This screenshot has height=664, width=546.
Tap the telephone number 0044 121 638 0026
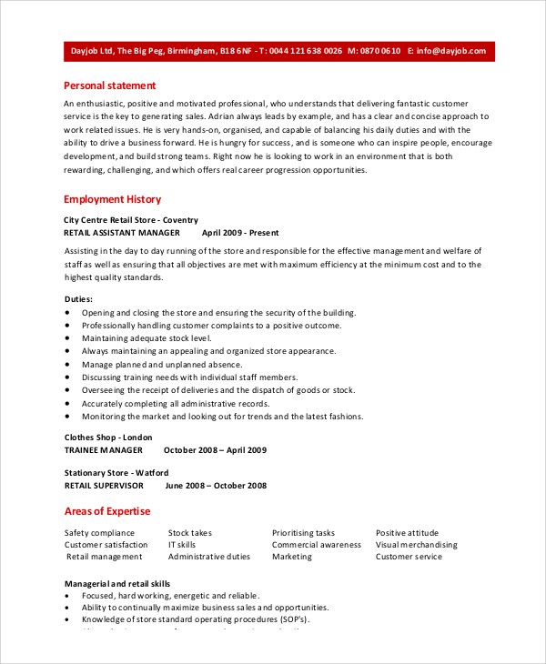pyautogui.click(x=305, y=52)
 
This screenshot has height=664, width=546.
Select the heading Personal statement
pyautogui.click(x=110, y=86)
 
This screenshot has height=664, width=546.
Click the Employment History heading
pyautogui.click(x=112, y=199)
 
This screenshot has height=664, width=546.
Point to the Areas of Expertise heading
pyautogui.click(x=107, y=511)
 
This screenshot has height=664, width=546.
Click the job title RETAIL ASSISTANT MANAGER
pyautogui.click(x=122, y=233)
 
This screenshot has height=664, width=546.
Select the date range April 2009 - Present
pyautogui.click(x=242, y=233)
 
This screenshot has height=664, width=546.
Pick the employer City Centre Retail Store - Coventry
pyautogui.click(x=130, y=220)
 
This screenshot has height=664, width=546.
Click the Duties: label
pyautogui.click(x=78, y=299)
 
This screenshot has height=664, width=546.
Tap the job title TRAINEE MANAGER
pyautogui.click(x=103, y=450)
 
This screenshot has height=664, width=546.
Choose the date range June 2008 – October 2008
pyautogui.click(x=215, y=486)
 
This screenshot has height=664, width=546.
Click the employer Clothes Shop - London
pyautogui.click(x=108, y=438)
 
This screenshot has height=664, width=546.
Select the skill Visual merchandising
pyautogui.click(x=417, y=545)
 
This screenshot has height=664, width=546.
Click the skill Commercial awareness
pyautogui.click(x=317, y=545)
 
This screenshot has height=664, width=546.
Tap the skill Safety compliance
pyautogui.click(x=99, y=533)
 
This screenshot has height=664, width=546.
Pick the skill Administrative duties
pyautogui.click(x=209, y=557)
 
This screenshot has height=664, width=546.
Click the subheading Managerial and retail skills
pyautogui.click(x=117, y=583)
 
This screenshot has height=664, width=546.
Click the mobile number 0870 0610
pyautogui.click(x=379, y=52)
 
